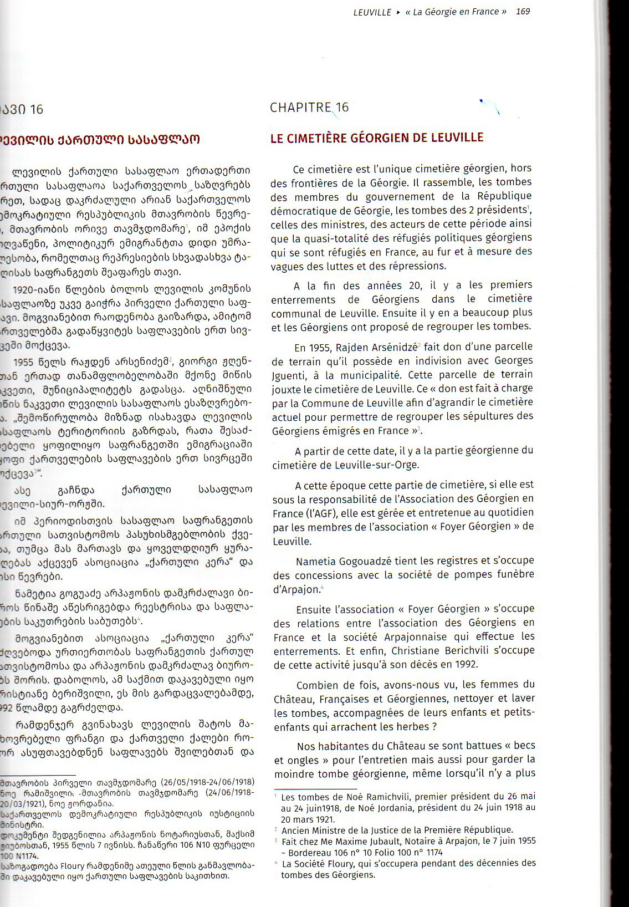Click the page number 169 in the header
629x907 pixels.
pos(523,12)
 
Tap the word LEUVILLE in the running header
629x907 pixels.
pos(372,12)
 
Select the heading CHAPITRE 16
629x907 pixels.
pos(309,108)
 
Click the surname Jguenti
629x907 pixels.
pos(290,375)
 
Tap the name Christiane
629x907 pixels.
pos(415,650)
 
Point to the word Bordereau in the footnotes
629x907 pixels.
pos(309,852)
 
